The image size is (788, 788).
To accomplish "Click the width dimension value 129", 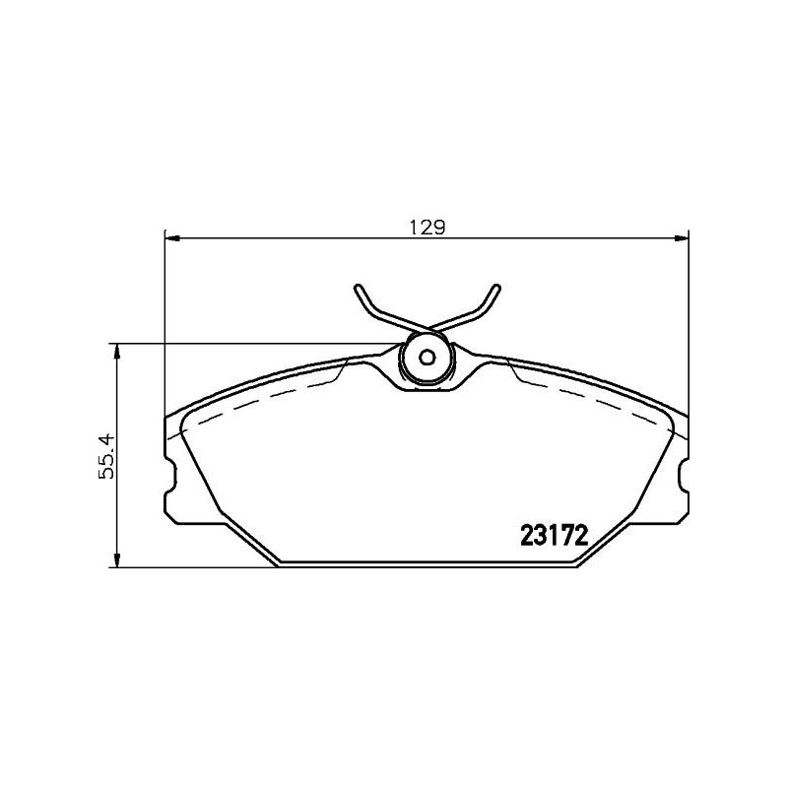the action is click(427, 228).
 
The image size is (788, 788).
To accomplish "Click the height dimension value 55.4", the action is click(107, 456).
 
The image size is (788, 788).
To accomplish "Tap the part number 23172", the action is click(554, 536).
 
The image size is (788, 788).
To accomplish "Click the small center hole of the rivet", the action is click(427, 358).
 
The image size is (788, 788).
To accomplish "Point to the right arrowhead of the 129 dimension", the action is click(682, 237).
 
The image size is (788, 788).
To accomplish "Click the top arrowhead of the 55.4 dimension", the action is click(116, 351).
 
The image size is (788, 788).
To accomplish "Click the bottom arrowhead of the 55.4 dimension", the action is click(116, 560).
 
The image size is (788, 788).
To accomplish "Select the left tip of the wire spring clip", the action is click(358, 288).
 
